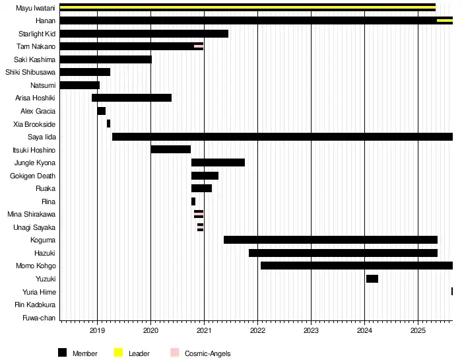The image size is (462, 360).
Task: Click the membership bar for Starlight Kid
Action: point(144,34)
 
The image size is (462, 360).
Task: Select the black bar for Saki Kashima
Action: point(106,59)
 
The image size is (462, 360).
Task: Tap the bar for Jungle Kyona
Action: point(218,162)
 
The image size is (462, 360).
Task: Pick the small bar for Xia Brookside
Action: point(108,124)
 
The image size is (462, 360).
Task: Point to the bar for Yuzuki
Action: point(372,279)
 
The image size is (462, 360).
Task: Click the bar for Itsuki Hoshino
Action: point(170,149)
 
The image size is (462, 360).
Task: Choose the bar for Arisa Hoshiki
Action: point(131,98)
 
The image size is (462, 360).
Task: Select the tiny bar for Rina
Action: point(193,201)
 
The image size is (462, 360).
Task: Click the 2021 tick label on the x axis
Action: point(204,330)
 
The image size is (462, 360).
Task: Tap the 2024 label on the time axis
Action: point(364,330)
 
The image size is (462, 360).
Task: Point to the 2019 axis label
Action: point(97,330)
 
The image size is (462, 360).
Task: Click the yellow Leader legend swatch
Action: point(119,353)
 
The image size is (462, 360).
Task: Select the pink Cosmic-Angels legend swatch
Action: point(175,353)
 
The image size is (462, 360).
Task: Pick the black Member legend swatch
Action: point(63,353)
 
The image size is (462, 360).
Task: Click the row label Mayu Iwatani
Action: point(36,8)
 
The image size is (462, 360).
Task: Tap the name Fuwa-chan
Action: point(39,318)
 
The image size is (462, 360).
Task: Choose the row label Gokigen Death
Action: point(33,176)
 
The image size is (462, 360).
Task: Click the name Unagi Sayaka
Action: point(34,227)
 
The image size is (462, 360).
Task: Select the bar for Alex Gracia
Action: point(101,111)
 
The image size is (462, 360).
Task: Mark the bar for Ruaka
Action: point(201,188)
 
